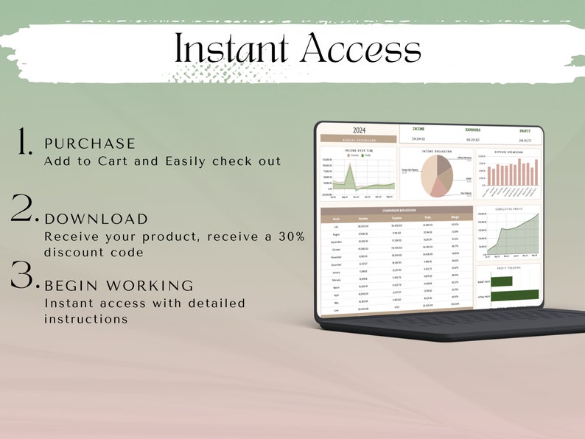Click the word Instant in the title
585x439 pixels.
(232, 49)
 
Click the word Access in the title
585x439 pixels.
(360, 49)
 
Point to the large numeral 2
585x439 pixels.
(24, 209)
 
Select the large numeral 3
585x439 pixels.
(24, 273)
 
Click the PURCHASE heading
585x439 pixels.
(90, 144)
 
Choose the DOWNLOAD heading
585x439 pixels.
(97, 219)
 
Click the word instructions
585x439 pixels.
(85, 319)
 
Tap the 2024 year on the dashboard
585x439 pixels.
(359, 130)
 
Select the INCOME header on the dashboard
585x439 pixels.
(418, 129)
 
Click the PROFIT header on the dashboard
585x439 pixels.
(525, 131)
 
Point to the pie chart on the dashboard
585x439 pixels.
(436, 175)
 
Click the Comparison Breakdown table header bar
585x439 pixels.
(398, 211)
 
